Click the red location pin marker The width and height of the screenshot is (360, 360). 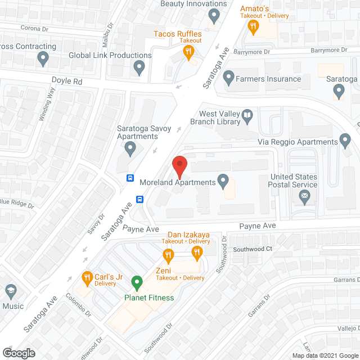(x=179, y=166)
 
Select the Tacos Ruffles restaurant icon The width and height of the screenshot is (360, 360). (x=188, y=52)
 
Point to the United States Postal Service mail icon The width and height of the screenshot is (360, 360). (x=305, y=197)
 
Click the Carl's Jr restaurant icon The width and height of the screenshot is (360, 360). (x=87, y=277)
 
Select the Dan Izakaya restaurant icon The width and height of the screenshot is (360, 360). (x=197, y=254)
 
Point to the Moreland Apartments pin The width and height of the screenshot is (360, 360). (x=223, y=181)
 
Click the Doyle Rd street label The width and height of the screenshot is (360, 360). (x=67, y=80)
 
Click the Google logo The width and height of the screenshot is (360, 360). (x=18, y=353)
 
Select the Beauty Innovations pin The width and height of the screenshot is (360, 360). (x=213, y=15)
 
